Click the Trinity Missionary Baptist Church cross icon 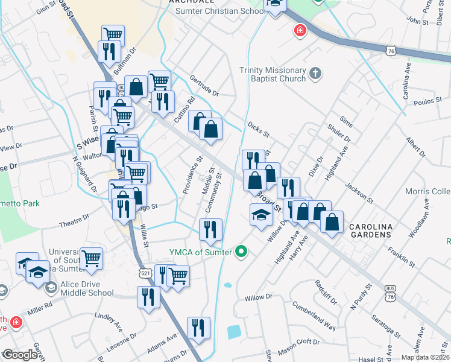315,74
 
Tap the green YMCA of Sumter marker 242,252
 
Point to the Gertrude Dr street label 204,86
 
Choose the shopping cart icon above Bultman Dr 113,34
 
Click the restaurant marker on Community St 211,229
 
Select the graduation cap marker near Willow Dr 260,215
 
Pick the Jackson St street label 359,192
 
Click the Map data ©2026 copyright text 425,357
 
